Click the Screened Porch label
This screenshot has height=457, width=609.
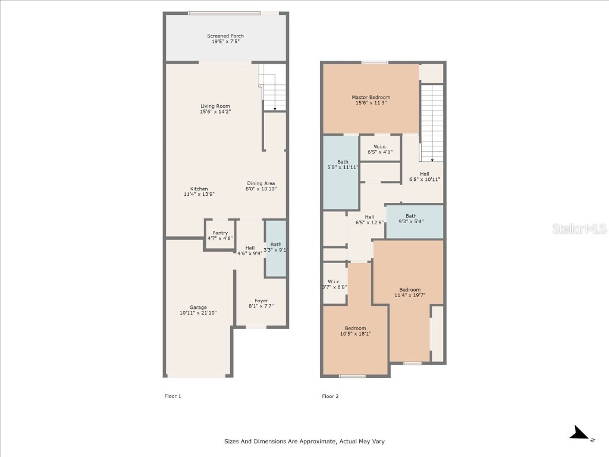[225, 36]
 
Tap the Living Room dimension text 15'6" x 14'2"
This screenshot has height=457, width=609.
[215, 112]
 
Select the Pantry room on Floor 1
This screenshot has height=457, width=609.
[220, 236]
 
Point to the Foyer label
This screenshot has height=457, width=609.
[261, 301]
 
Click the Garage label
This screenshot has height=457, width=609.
[198, 307]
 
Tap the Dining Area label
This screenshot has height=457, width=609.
[261, 183]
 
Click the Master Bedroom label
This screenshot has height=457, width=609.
[371, 98]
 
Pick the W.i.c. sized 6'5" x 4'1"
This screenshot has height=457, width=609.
[380, 149]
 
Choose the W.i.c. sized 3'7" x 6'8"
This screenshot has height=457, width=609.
[334, 284]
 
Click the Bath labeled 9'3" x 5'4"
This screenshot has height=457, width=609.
[411, 219]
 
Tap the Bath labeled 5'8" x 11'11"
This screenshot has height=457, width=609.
[343, 165]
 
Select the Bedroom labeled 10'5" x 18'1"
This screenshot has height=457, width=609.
[355, 331]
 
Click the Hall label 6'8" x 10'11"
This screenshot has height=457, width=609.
[424, 176]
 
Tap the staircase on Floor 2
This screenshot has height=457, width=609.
[432, 123]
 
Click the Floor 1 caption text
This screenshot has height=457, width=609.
[172, 396]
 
